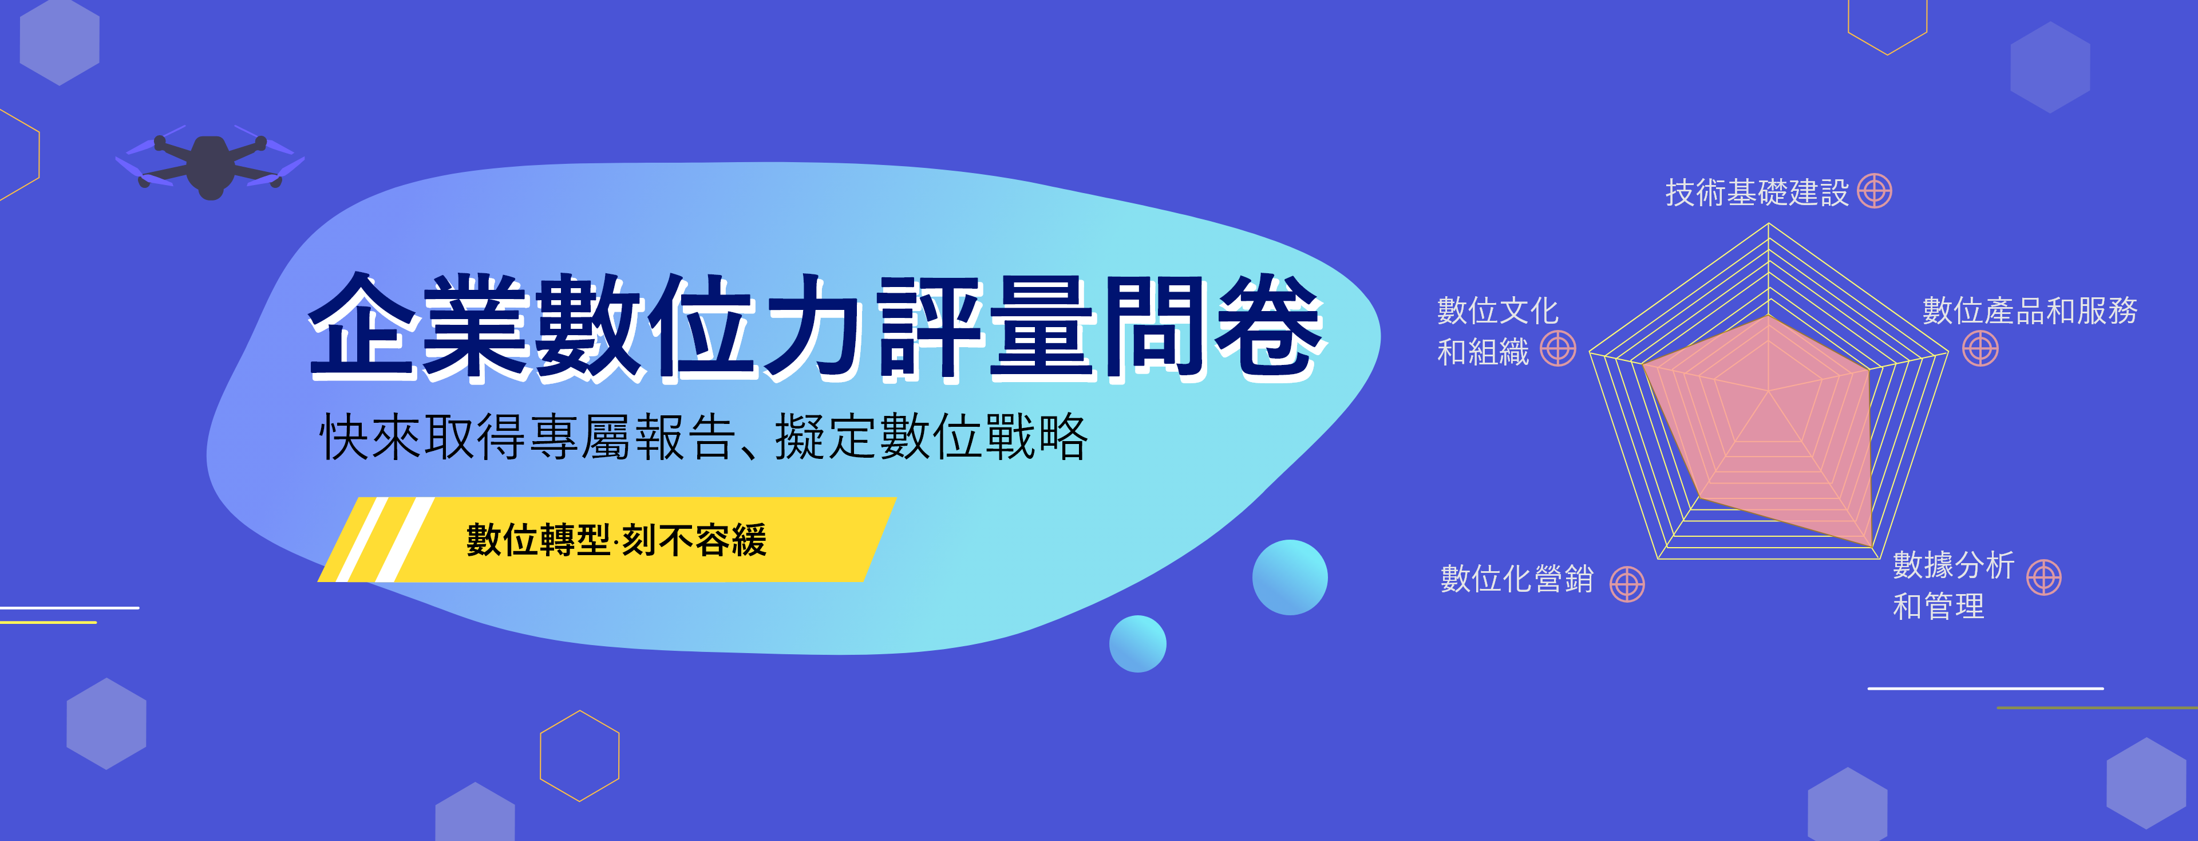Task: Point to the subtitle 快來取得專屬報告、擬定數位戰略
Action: click(704, 437)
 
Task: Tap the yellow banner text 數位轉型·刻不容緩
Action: click(616, 540)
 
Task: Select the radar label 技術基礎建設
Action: click(1757, 192)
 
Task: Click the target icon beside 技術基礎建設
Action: click(1875, 191)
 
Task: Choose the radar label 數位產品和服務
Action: click(2030, 310)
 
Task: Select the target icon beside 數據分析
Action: click(2045, 577)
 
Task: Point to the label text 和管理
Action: click(1939, 606)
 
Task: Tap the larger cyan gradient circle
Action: click(1290, 577)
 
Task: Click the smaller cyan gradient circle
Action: click(1137, 644)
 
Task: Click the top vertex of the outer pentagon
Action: click(1769, 223)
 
